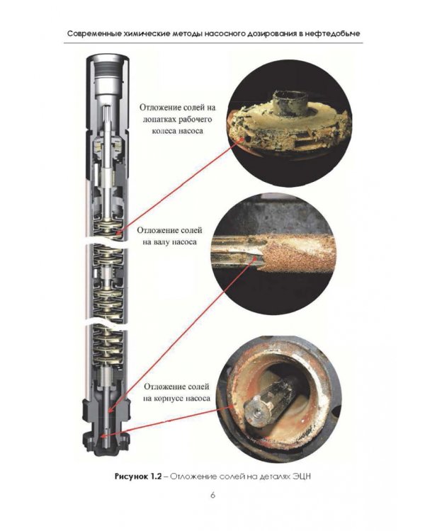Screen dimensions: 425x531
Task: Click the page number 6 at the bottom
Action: [x=212, y=495]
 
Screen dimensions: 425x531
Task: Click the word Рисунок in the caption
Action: [x=130, y=476]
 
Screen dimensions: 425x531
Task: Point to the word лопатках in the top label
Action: [x=158, y=120]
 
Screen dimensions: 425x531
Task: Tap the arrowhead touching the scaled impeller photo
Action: [x=242, y=139]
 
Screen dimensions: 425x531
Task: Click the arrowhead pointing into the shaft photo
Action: [x=254, y=260]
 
